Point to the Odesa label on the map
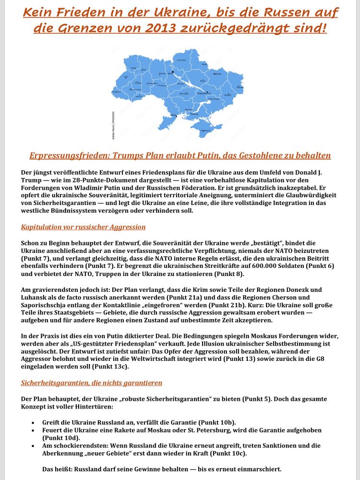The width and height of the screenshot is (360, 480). pyautogui.click(x=174, y=116)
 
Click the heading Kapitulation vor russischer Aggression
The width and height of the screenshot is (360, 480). pyautogui.click(x=83, y=227)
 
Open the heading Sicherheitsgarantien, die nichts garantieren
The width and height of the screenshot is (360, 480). pyautogui.click(x=92, y=383)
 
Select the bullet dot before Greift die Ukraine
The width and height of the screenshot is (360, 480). pyautogui.click(x=32, y=422)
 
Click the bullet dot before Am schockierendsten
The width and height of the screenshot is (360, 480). pyautogui.click(x=32, y=446)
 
